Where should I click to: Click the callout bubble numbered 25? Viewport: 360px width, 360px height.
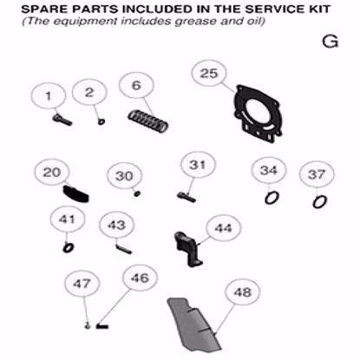pyautogui.click(x=209, y=75)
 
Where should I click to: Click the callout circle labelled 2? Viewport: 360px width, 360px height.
pyautogui.click(x=89, y=93)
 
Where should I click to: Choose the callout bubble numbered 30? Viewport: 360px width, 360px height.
pyautogui.click(x=124, y=176)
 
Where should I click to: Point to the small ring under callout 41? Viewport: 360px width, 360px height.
pyautogui.click(x=67, y=247)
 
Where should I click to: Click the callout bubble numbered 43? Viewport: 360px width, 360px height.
pyautogui.click(x=116, y=226)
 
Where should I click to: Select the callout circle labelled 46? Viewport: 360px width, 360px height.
pyautogui.click(x=139, y=279)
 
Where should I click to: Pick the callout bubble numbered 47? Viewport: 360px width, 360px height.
pyautogui.click(x=82, y=284)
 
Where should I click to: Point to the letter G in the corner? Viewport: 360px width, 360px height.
pyautogui.click(x=328, y=42)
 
